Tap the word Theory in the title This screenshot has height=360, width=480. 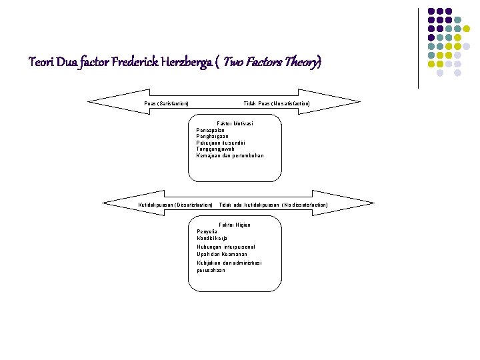pyautogui.click(x=302, y=63)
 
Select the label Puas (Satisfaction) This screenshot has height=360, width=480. pyautogui.click(x=166, y=103)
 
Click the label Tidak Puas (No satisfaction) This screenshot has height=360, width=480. pyautogui.click(x=276, y=103)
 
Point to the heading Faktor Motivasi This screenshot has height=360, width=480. pyautogui.click(x=235, y=123)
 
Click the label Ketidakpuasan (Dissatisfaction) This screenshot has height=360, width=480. pyautogui.click(x=175, y=205)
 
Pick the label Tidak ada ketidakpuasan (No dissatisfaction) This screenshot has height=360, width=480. pyautogui.click(x=273, y=205)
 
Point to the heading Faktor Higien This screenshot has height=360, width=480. pyautogui.click(x=235, y=225)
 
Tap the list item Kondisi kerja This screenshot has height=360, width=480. pyautogui.click(x=212, y=238)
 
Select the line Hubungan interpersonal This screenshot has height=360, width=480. pyautogui.click(x=226, y=247)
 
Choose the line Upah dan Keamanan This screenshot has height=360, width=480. pyautogui.click(x=222, y=255)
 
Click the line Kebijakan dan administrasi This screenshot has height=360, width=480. pyautogui.click(x=229, y=263)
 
